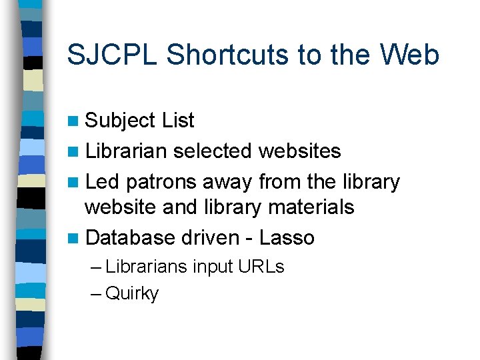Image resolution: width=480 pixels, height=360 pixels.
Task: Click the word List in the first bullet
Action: (177, 121)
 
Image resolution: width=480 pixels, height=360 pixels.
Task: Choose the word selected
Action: (212, 151)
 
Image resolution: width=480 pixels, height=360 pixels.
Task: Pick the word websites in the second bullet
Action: (299, 151)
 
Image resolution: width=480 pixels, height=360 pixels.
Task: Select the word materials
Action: (311, 207)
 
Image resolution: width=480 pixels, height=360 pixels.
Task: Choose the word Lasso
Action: (287, 237)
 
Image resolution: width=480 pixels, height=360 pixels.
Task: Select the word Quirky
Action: (132, 294)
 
